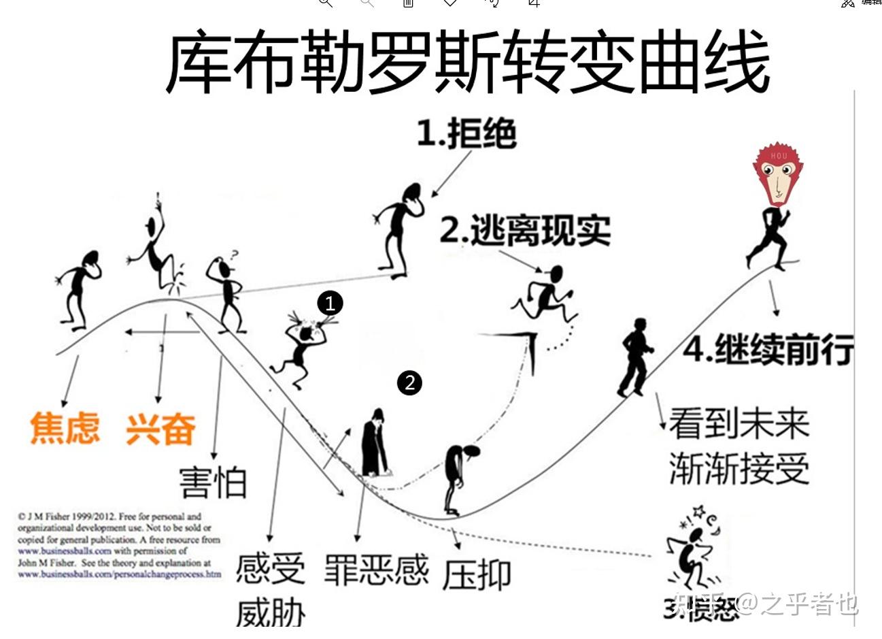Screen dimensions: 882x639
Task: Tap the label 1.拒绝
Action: point(467,133)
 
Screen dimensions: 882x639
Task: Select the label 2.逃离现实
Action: point(525,231)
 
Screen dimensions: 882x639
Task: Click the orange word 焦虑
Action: point(65,428)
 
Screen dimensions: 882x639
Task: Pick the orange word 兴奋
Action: point(160,429)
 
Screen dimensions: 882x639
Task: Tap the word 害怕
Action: point(213,482)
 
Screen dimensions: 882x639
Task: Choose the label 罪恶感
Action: point(376,570)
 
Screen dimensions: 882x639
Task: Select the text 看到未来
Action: point(739,423)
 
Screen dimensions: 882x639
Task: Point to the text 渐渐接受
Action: point(739,468)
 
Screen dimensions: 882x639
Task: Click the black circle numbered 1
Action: point(330,303)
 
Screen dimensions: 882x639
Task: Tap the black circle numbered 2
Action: point(409,382)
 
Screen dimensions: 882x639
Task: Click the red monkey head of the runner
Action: point(777,173)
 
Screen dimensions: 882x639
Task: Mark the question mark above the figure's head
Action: point(235,255)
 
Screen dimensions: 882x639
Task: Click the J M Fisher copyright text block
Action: point(119,545)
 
